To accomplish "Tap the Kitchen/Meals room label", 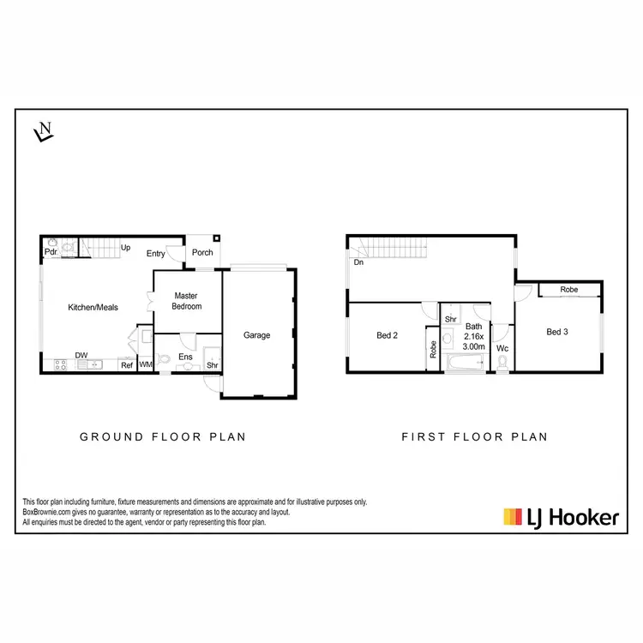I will (x=93, y=307).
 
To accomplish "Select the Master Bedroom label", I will (x=186, y=301).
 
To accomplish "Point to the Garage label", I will (x=256, y=335).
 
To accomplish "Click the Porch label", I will (x=202, y=253).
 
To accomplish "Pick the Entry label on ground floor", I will (x=155, y=254).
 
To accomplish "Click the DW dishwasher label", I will (x=81, y=355).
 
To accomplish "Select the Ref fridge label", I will (x=126, y=366).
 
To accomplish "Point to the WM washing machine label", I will (x=146, y=366).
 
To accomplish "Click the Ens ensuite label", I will (x=185, y=357).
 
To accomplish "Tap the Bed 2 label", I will (x=388, y=335).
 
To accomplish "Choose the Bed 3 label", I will (x=557, y=332).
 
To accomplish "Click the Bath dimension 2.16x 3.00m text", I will (x=474, y=337).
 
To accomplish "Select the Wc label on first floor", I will (x=503, y=349).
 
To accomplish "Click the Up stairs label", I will (x=125, y=248).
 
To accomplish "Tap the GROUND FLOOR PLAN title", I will (x=163, y=436).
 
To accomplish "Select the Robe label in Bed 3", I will (x=568, y=290).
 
